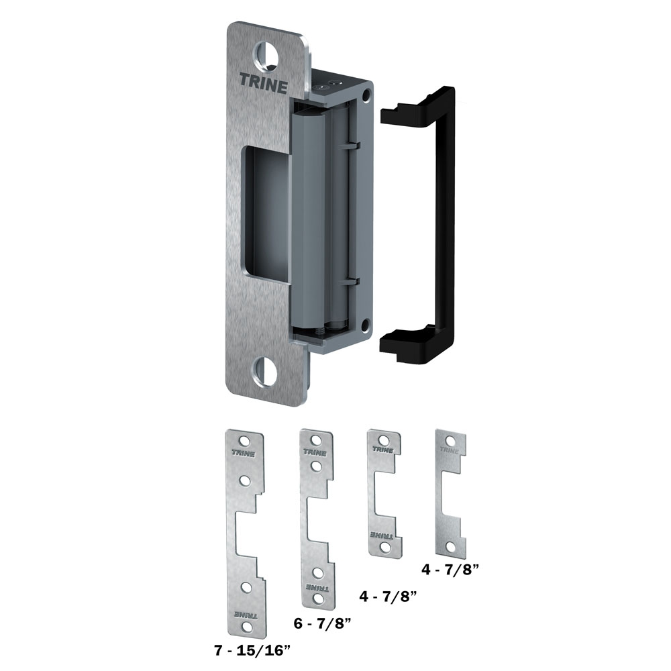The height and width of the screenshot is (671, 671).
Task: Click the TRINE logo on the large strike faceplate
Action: point(263,83)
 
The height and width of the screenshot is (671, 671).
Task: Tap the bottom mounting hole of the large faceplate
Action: point(265,370)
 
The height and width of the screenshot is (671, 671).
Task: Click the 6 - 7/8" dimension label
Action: point(323,623)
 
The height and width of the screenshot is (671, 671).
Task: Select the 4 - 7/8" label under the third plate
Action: point(388,596)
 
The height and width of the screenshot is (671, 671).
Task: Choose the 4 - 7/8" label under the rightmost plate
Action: point(450,569)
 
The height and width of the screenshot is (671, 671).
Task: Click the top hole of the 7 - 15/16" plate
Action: point(244,440)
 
